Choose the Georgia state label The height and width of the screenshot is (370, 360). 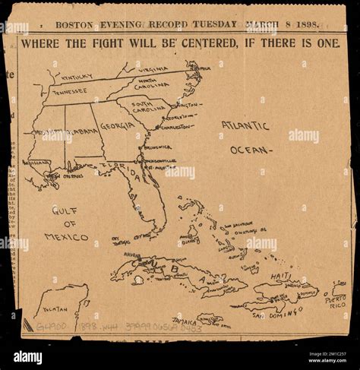pyautogui.click(x=118, y=125)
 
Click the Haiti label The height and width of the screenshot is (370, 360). pyautogui.click(x=281, y=277)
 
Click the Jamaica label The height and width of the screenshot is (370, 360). pyautogui.click(x=185, y=322)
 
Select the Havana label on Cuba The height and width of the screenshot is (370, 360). pyautogui.click(x=132, y=255)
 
